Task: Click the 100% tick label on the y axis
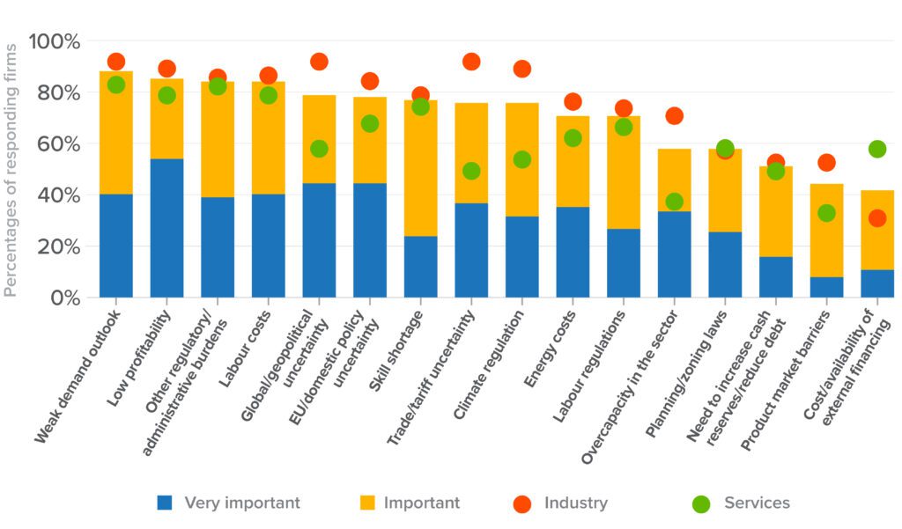[x=55, y=41]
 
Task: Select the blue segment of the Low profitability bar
[x=166, y=227]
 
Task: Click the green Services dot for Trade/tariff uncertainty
[x=471, y=171]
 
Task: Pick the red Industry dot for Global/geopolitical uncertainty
[x=319, y=62]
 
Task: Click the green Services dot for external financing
[x=876, y=149]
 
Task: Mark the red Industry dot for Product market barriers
[x=826, y=162]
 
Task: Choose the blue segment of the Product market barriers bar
[x=826, y=287]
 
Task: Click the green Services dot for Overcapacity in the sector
[x=674, y=202]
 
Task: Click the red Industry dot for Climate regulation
[x=521, y=69]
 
